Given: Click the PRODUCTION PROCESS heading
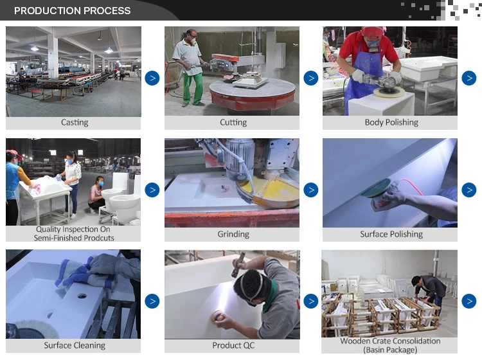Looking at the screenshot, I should [72, 10].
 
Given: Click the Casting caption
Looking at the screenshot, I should [75, 123].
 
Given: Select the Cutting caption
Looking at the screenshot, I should [233, 123].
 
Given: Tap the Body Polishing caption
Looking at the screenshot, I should [391, 123].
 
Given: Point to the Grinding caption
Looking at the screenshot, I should [233, 235].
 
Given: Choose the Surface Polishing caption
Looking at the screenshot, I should [391, 235].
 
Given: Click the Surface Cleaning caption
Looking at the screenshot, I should [75, 346].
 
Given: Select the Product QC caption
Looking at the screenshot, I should [233, 346].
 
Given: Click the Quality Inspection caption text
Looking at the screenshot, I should [74, 233].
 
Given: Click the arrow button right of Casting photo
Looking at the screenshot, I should [152, 78].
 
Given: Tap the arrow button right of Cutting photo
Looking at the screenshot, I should [310, 78].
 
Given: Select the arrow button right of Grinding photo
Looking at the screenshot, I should [310, 190].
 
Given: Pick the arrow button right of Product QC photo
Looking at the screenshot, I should [310, 301].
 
